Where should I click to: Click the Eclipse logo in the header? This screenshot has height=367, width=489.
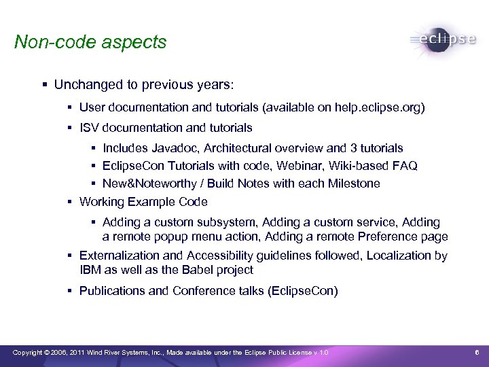(x=443, y=39)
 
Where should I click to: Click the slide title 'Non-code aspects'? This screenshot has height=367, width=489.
(x=90, y=42)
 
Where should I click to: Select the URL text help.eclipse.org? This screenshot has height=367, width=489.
(x=377, y=107)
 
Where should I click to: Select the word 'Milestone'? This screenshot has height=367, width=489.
(x=353, y=183)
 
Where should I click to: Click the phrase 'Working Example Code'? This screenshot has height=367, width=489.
(x=143, y=202)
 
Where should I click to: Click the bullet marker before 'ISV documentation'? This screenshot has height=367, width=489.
(x=70, y=128)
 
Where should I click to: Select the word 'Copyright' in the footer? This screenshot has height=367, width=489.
(x=28, y=352)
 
